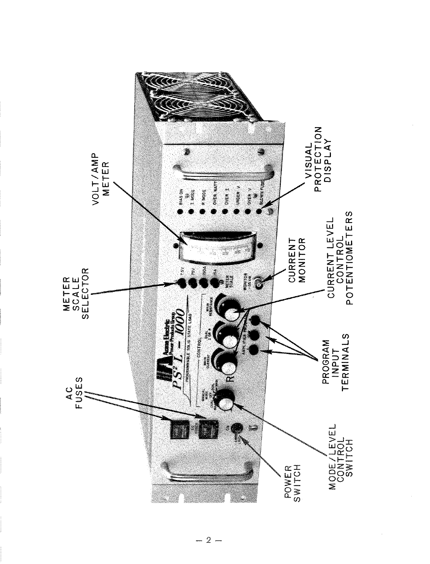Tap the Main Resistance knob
pyautogui.click(x=227, y=306)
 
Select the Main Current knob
pyautogui.click(x=224, y=361)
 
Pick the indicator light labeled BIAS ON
pyautogui.click(x=180, y=212)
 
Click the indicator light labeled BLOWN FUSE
pyautogui.click(x=259, y=211)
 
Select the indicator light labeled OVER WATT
pyautogui.click(x=214, y=212)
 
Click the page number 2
pyautogui.click(x=208, y=540)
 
